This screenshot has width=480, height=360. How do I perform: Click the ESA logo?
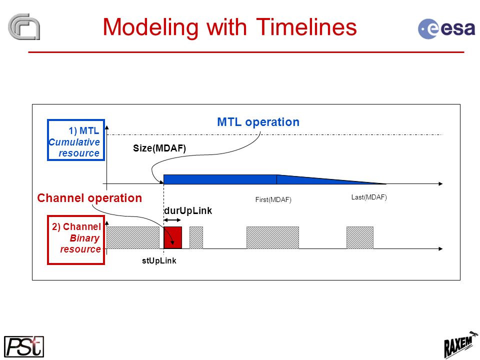tap(446, 28)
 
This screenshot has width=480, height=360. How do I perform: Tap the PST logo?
tap(24, 346)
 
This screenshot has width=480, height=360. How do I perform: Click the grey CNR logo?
tap(24, 26)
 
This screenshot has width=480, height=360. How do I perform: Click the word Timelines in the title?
tap(306, 27)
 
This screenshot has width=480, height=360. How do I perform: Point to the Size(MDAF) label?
tap(159, 148)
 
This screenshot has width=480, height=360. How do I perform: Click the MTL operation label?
tap(258, 122)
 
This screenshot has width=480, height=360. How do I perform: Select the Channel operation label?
tap(89, 198)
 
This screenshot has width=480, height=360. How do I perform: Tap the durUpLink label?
tap(188, 210)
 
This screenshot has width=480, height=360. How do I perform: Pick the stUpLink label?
tap(159, 261)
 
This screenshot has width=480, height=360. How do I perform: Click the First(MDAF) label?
tap(273, 200)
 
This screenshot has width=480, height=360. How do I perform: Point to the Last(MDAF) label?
tap(369, 197)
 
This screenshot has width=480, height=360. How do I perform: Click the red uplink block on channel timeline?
tap(172, 237)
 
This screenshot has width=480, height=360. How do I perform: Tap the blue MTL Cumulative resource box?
tap(76, 140)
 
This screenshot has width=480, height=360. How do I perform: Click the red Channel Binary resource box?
tap(76, 240)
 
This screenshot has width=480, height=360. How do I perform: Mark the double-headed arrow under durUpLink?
tap(172, 220)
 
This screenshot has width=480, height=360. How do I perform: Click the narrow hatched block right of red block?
tap(196, 237)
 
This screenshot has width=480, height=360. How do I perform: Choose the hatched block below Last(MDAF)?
tap(360, 237)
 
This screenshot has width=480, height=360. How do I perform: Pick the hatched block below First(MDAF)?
tap(273, 237)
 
